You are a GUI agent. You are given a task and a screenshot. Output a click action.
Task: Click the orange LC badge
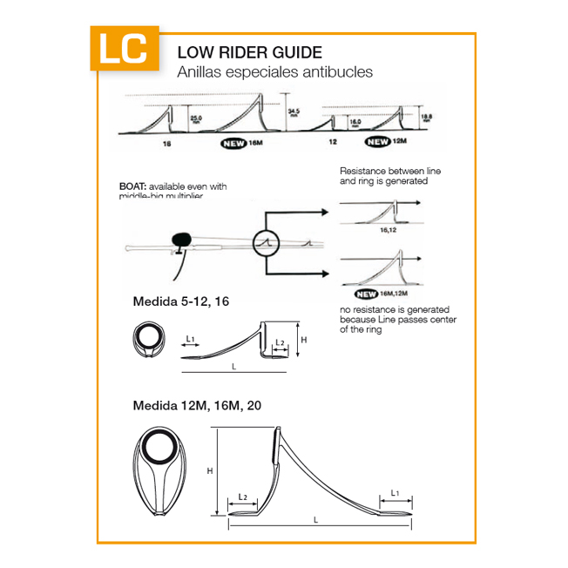125,50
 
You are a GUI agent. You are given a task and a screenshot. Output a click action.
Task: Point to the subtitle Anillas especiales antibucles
274,71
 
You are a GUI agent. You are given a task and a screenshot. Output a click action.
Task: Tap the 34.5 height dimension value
294,112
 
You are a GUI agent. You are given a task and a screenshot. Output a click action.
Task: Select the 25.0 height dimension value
196,118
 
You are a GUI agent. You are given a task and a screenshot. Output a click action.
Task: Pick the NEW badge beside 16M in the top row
233,145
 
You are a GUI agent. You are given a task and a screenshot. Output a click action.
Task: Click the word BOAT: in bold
132,186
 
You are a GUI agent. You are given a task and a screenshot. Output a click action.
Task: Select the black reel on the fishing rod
182,238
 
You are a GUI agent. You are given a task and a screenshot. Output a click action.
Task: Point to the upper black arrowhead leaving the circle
327,212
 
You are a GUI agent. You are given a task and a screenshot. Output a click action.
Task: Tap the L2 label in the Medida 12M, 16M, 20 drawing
244,497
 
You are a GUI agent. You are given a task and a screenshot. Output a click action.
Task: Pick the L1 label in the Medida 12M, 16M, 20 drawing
396,493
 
